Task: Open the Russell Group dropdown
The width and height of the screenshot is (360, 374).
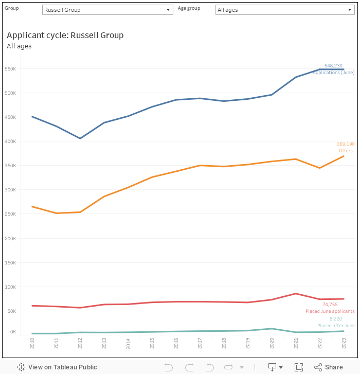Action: coord(107,10)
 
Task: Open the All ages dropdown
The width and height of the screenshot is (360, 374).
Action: coord(284,10)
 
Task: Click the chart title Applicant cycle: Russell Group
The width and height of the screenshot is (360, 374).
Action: coord(65,35)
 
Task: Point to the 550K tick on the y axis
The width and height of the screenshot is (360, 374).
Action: coord(11,69)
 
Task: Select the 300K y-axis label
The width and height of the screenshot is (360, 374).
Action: coord(11,190)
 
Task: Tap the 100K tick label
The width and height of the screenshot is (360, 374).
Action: coord(11,287)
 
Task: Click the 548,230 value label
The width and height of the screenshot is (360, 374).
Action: coord(333,66)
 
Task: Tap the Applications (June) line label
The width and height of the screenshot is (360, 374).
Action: coord(333,73)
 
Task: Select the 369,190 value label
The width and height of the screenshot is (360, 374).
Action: coord(346,144)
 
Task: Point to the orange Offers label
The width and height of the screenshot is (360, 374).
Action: coord(346,151)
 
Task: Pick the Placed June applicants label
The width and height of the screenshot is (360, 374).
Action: coord(330,311)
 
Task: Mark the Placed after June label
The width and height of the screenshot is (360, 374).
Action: coord(336,326)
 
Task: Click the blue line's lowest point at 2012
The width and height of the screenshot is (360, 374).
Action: coord(80,138)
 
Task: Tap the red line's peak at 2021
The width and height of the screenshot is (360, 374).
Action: coord(296,293)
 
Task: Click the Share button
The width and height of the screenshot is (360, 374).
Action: coord(328,367)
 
